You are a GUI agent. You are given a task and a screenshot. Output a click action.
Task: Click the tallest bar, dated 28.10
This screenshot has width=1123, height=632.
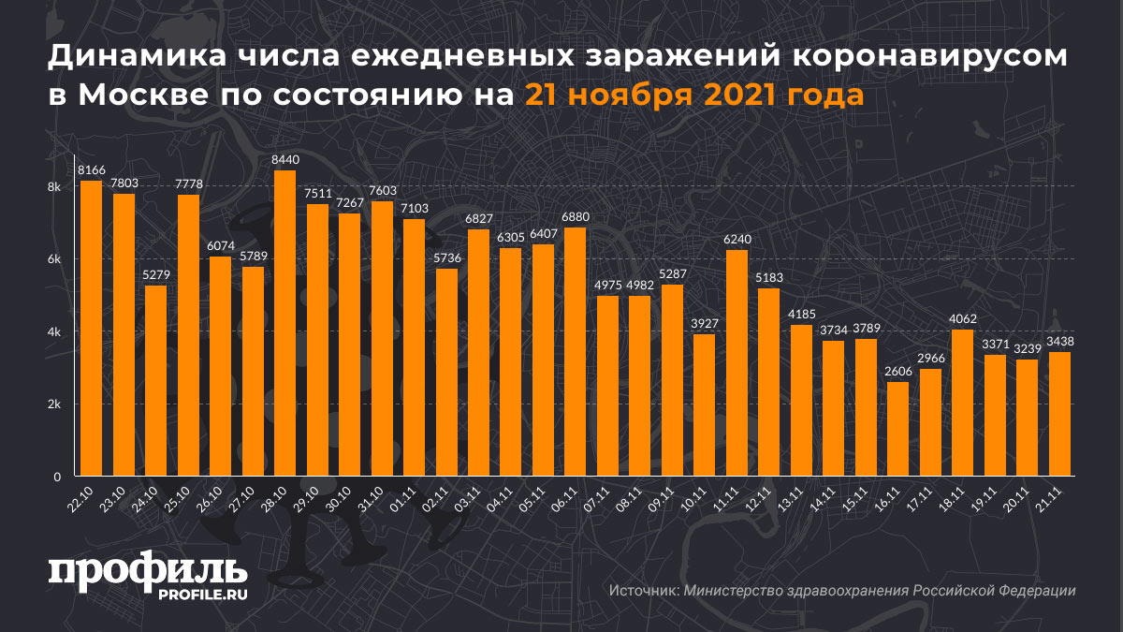click(284, 323)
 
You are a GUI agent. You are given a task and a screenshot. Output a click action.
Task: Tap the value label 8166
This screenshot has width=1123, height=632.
click(91, 169)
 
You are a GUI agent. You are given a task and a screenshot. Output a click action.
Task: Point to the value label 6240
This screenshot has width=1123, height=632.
click(737, 240)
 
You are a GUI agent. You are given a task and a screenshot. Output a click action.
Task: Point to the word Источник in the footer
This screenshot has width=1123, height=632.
click(643, 591)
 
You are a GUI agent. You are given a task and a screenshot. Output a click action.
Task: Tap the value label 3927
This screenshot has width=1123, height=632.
click(704, 323)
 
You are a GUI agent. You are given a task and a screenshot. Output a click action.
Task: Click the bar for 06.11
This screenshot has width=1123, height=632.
click(575, 351)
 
